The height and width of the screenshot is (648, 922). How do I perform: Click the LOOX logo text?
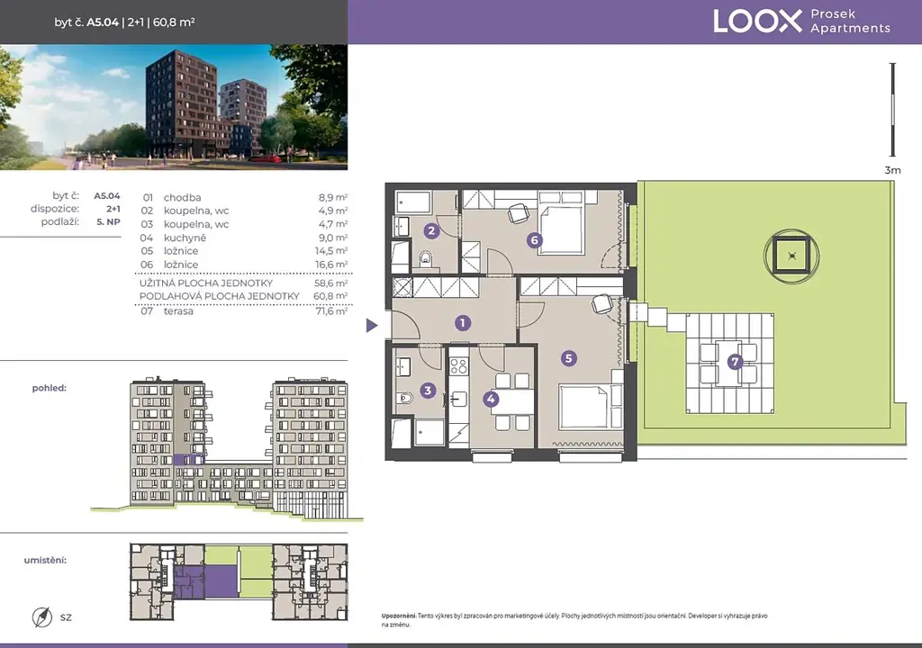(757, 22)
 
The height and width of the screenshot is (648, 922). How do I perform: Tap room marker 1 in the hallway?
(462, 323)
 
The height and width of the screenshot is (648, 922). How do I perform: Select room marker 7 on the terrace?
(735, 362)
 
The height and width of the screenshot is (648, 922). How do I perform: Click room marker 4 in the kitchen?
(491, 400)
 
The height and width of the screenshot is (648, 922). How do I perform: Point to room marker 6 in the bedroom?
(534, 240)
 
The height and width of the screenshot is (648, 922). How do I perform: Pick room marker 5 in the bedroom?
(568, 358)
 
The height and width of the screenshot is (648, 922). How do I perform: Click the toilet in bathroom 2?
(426, 258)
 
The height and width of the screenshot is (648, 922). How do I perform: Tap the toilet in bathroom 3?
(405, 398)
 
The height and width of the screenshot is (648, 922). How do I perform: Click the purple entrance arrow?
(372, 325)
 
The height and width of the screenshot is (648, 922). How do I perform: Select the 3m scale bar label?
(892, 170)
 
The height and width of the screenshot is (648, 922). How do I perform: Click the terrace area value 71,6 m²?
(331, 311)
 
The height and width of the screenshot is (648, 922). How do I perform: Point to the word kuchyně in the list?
(185, 238)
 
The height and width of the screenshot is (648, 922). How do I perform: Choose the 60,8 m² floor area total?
(330, 296)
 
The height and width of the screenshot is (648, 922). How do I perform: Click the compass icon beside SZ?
(42, 617)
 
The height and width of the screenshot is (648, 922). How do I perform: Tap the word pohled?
(50, 388)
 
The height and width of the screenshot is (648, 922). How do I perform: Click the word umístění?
(45, 561)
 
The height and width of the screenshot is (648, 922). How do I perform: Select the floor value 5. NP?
(108, 221)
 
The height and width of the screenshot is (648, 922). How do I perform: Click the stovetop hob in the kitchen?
(458, 366)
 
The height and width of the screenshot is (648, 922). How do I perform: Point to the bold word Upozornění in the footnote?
(399, 616)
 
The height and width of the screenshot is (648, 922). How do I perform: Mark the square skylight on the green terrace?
(792, 256)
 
